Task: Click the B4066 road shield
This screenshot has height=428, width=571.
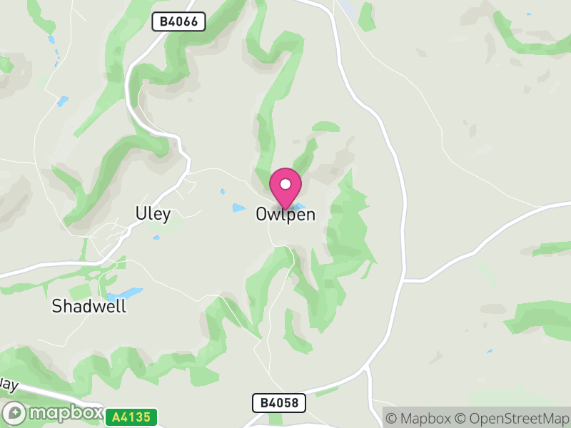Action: [x=178, y=22]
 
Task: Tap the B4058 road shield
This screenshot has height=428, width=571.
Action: [x=278, y=403]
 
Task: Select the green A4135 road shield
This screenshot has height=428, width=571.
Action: [x=131, y=417]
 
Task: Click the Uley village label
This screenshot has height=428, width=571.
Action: [x=153, y=214]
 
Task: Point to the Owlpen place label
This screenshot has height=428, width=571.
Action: [x=285, y=215]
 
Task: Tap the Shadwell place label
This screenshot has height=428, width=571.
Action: [x=89, y=307]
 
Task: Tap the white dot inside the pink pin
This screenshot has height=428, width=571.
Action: [x=285, y=184]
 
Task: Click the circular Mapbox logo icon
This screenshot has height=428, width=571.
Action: [x=15, y=413]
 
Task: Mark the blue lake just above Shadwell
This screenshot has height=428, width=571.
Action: [x=125, y=293]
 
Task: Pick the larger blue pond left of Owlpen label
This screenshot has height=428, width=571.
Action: [x=238, y=208]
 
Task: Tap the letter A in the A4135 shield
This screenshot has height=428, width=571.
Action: [x=116, y=417]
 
